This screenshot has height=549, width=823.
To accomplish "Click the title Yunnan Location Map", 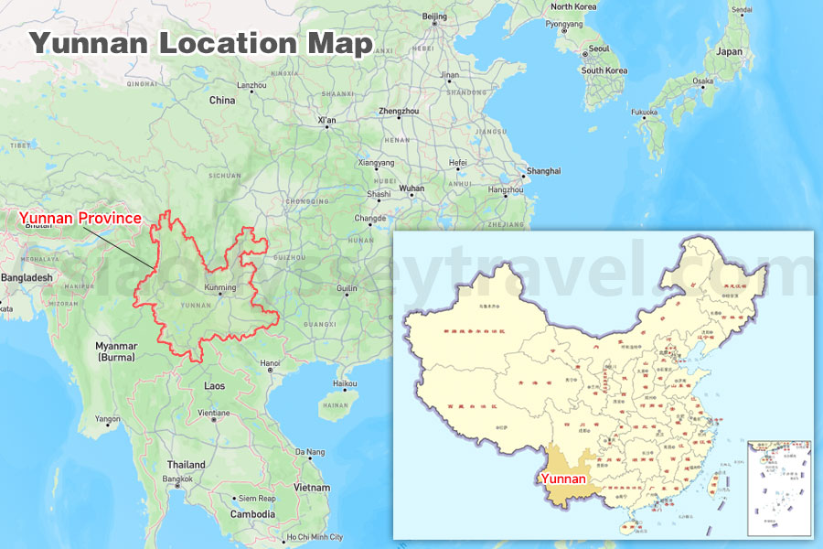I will click(200, 42).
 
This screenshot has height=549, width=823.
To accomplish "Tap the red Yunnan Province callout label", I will click(80, 218).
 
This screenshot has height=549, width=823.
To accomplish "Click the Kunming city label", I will click(220, 287).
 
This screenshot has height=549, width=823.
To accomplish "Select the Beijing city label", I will click(435, 16).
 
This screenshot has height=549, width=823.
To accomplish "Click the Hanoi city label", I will click(271, 363).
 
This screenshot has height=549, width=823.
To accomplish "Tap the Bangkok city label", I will click(177, 479).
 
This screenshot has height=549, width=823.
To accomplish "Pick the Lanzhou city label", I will click(251, 85).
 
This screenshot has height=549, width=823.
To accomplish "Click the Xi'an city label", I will click(326, 120).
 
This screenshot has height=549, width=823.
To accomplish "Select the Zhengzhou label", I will click(399, 111).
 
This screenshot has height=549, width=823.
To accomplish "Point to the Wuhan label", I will click(411, 188).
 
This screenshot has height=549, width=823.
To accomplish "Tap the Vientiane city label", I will click(214, 413).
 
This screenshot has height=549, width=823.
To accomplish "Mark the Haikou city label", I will click(346, 383).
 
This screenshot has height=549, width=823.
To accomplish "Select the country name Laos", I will click(214, 386).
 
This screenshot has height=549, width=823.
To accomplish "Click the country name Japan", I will click(730, 52).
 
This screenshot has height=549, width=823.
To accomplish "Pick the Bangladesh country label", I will click(27, 277).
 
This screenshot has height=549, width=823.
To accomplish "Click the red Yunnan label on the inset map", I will click(563, 478).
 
